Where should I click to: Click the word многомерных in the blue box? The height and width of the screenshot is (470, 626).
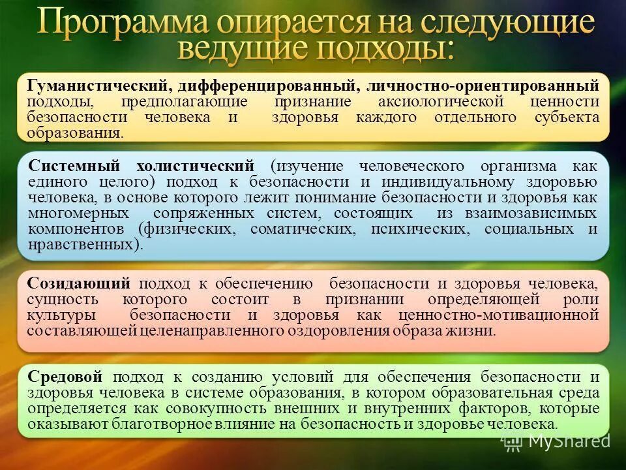[79, 213]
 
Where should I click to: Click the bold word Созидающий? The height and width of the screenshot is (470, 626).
[79, 283]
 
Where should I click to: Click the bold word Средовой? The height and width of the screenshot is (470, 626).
[66, 377]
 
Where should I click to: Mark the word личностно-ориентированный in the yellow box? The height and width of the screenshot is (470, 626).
[483, 86]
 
